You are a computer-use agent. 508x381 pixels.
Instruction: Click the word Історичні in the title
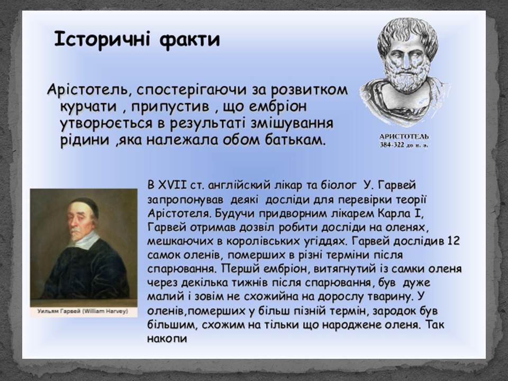(x=102, y=40)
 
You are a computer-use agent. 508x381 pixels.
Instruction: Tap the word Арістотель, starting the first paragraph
(x=87, y=89)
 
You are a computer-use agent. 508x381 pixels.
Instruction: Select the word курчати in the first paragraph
(x=88, y=106)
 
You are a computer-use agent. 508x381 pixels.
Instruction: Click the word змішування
(x=288, y=123)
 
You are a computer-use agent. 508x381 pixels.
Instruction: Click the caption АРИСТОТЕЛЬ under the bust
(x=404, y=137)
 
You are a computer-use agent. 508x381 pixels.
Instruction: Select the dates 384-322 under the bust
(x=392, y=145)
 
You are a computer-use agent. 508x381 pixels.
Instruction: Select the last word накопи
(x=167, y=339)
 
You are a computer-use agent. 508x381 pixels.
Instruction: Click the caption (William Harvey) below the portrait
(x=105, y=311)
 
